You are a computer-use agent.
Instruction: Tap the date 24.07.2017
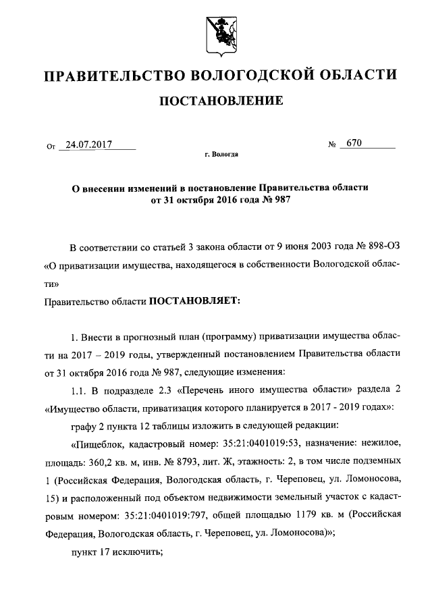coord(86,144)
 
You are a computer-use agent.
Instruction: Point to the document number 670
coord(354,143)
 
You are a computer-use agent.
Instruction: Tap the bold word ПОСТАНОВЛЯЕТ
coord(194,300)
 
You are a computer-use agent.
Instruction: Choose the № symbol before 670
coord(331,144)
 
